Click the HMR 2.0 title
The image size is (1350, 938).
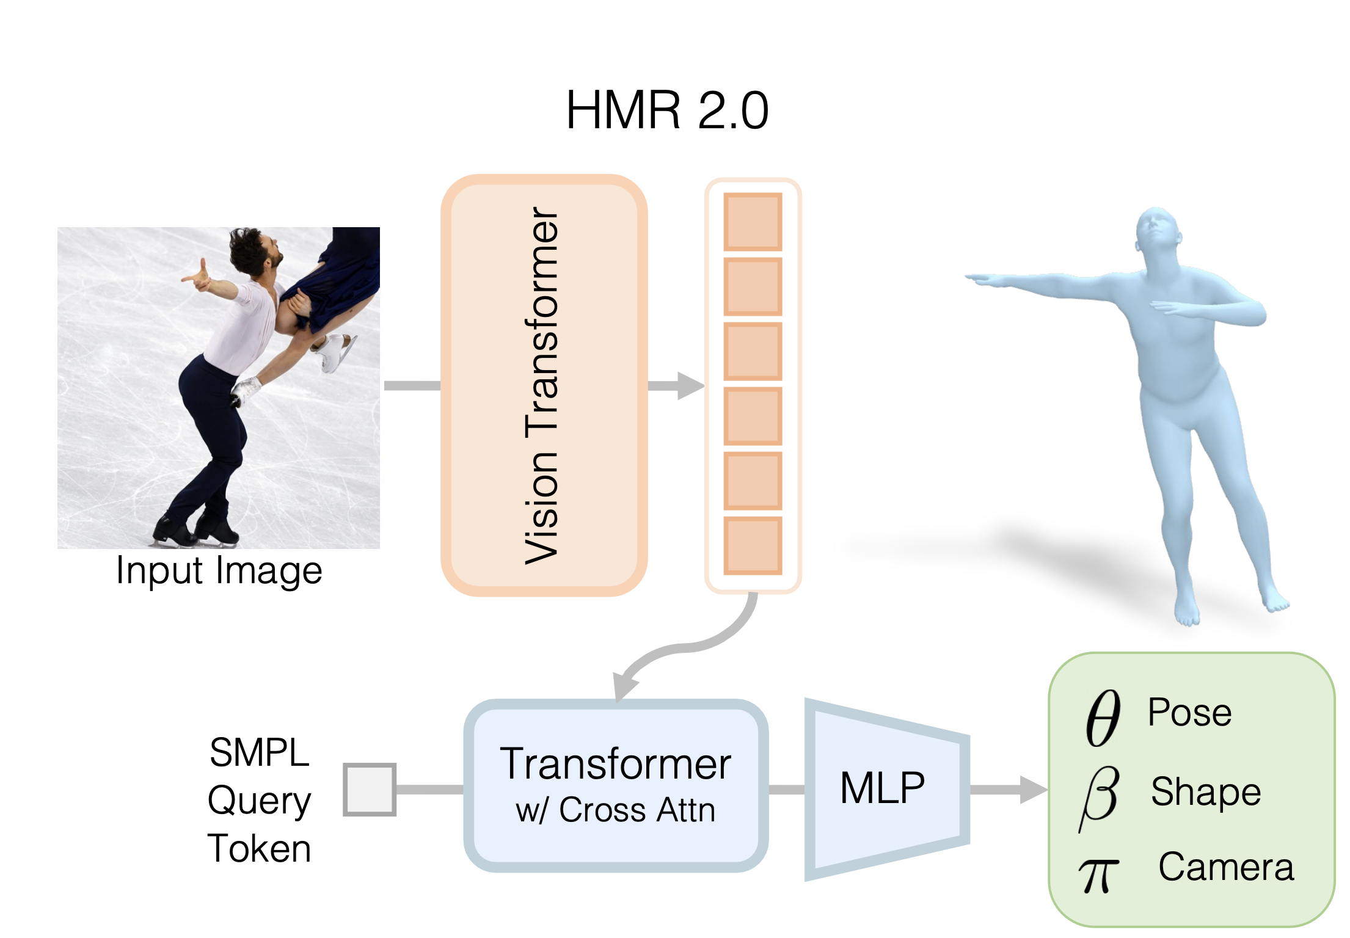666,111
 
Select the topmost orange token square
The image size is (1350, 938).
753,222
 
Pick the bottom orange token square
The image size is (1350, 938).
753,545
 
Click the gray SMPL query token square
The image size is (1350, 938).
370,789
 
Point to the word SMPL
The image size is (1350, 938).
259,752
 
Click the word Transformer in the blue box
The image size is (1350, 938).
615,764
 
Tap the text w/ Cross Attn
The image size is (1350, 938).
615,810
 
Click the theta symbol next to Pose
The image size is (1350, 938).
1103,718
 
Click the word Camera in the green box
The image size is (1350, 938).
1226,867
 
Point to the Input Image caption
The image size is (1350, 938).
219,571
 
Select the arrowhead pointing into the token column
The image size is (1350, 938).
690,386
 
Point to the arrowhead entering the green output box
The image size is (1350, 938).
1034,790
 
